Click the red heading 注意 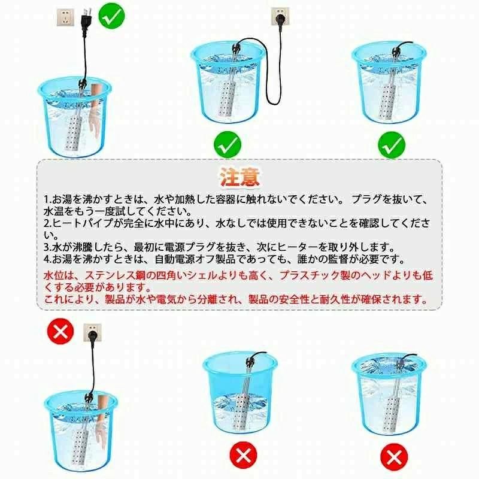pyautogui.click(x=240, y=177)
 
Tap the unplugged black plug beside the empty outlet pyautogui.click(x=86, y=19)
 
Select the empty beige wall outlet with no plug pyautogui.click(x=65, y=18)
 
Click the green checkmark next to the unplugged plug pyautogui.click(x=112, y=16)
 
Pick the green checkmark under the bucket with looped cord pyautogui.click(x=228, y=144)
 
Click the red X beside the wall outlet pyautogui.click(x=60, y=331)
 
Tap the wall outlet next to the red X pyautogui.click(x=92, y=333)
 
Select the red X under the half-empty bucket pyautogui.click(x=244, y=455)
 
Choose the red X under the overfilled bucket pyautogui.click(x=394, y=457)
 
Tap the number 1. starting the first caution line pyautogui.click(x=47, y=199)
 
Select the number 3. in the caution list pyautogui.click(x=47, y=247)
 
